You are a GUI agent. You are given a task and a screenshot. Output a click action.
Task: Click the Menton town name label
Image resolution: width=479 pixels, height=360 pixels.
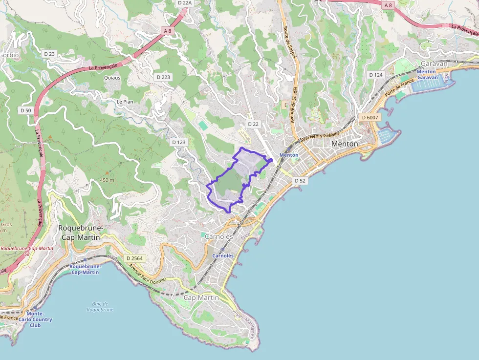345,144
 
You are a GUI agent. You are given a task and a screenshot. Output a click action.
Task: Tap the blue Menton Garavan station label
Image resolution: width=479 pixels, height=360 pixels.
426,75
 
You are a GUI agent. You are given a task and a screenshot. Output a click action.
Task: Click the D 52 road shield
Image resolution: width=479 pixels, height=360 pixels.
300,181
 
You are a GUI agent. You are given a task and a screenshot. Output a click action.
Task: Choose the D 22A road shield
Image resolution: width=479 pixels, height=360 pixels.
185,3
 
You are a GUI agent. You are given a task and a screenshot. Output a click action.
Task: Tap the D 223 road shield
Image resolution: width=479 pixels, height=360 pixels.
163,77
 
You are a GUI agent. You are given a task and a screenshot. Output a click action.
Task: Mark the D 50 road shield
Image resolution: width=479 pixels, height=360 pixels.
26,110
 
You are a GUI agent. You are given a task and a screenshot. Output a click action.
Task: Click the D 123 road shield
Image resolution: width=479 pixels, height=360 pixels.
179,142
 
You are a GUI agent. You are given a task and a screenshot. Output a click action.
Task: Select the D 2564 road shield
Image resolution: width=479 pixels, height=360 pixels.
134,258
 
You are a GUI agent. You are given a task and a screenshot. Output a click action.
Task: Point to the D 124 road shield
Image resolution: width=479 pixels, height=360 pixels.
376,75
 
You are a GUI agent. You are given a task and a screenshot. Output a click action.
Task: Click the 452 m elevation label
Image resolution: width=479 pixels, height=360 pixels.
107,180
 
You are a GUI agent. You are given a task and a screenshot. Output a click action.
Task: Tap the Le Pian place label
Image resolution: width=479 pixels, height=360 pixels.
125,102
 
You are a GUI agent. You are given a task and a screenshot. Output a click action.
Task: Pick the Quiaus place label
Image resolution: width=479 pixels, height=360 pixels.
112,78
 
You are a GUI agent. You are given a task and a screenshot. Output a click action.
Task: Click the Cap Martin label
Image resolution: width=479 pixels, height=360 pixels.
201,297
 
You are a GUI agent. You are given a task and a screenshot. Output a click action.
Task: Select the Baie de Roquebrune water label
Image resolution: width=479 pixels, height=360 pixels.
100,307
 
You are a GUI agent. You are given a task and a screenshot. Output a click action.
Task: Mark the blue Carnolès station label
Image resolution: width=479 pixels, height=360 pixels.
223,255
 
